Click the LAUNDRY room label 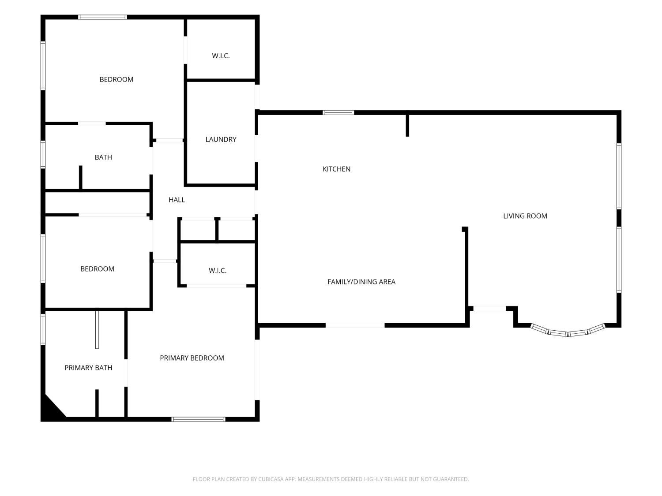(x=221, y=139)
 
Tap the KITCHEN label (x=336, y=169)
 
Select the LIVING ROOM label (x=525, y=216)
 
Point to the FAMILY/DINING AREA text (x=361, y=282)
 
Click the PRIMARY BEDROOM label (x=192, y=358)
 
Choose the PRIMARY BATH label (x=88, y=368)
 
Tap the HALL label (x=177, y=200)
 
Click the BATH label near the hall (x=103, y=157)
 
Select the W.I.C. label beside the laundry (x=221, y=56)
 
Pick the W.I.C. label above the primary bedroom (x=218, y=270)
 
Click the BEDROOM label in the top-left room (x=117, y=79)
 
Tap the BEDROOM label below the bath (x=98, y=269)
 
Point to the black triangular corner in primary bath (x=51, y=410)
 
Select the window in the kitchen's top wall (x=338, y=112)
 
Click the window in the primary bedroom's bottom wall (x=198, y=419)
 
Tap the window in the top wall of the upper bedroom (x=102, y=17)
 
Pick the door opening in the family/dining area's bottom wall (x=355, y=325)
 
